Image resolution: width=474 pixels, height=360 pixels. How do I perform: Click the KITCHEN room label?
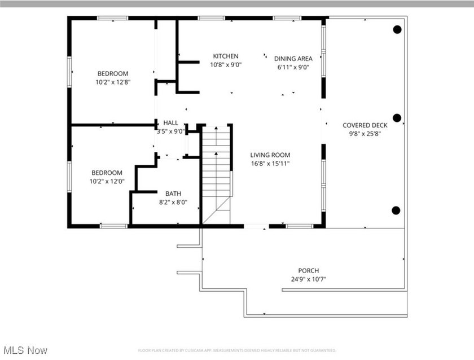[x=225, y=56]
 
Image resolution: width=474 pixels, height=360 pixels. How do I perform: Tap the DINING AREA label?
[x=293, y=59]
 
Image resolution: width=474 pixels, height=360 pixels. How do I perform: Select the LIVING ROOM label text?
[x=270, y=155]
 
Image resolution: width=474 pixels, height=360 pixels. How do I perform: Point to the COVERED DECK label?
[x=365, y=125]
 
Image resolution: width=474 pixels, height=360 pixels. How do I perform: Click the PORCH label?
[x=309, y=271]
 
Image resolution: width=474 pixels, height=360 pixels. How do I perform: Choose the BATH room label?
[x=173, y=194]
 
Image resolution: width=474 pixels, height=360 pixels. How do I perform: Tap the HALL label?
[x=170, y=123]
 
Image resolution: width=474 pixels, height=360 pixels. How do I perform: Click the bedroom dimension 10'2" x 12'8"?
[x=113, y=82]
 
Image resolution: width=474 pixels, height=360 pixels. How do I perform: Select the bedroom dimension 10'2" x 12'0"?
[x=107, y=181]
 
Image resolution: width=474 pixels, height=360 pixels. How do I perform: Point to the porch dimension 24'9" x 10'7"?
[x=309, y=279]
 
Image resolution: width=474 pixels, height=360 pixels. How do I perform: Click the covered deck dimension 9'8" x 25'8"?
[x=365, y=134]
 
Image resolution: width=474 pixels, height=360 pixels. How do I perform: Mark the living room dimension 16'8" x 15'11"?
[x=270, y=164]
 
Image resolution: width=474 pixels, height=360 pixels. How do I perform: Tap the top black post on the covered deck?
[x=397, y=29]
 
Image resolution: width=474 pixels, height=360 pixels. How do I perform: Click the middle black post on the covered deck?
[x=397, y=118]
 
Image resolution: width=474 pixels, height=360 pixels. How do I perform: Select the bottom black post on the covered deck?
[x=396, y=210]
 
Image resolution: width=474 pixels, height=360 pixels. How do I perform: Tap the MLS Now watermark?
[x=25, y=350]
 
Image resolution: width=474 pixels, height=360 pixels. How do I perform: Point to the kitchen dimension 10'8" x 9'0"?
[x=225, y=65]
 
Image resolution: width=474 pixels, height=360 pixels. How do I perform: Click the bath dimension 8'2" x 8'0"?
[x=173, y=202]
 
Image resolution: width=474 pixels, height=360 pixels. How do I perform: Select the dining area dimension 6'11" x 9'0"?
[x=293, y=67]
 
